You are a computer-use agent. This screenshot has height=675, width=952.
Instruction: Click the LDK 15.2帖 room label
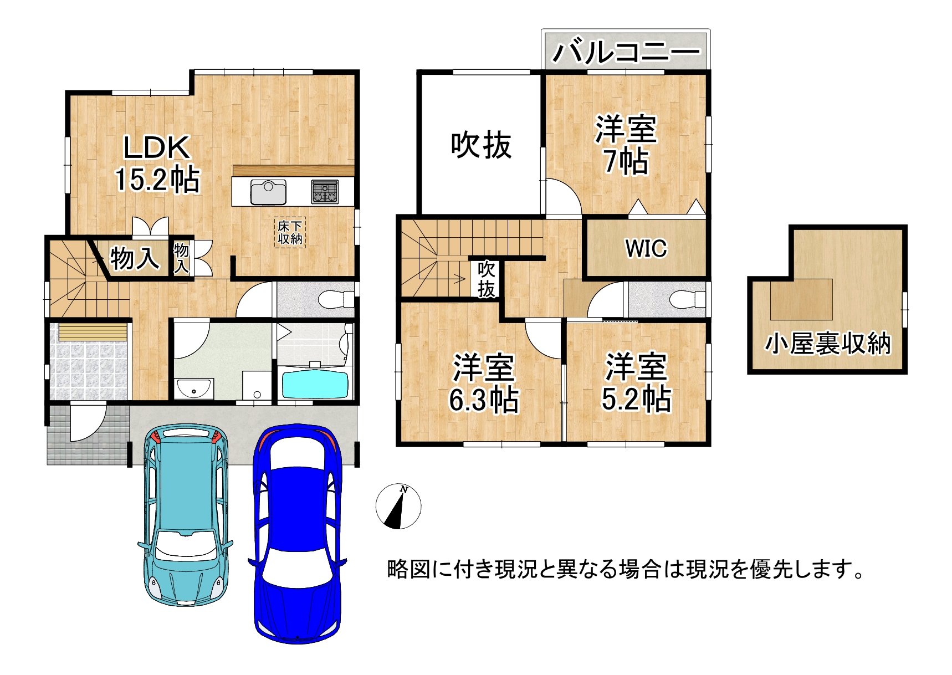(x=157, y=164)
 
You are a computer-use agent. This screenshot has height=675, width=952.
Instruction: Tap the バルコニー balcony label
(x=626, y=52)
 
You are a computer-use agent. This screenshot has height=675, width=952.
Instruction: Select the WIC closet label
(x=646, y=248)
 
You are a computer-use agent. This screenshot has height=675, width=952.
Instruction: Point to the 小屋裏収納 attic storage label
(x=828, y=344)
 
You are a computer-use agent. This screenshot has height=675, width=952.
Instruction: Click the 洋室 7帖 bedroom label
(x=626, y=145)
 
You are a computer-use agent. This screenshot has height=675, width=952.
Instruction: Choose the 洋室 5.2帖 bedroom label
(x=636, y=382)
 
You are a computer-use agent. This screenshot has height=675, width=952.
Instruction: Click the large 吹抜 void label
(x=481, y=146)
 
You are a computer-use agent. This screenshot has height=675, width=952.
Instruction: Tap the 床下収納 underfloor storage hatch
(x=290, y=232)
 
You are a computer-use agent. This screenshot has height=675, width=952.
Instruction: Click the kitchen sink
(x=269, y=192)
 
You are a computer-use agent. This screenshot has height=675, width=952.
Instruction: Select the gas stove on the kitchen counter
(x=325, y=192)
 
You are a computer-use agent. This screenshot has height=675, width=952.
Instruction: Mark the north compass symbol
(x=398, y=506)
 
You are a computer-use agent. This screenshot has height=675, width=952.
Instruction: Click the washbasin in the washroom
(x=194, y=388)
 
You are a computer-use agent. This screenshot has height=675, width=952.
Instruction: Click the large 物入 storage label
(x=135, y=258)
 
